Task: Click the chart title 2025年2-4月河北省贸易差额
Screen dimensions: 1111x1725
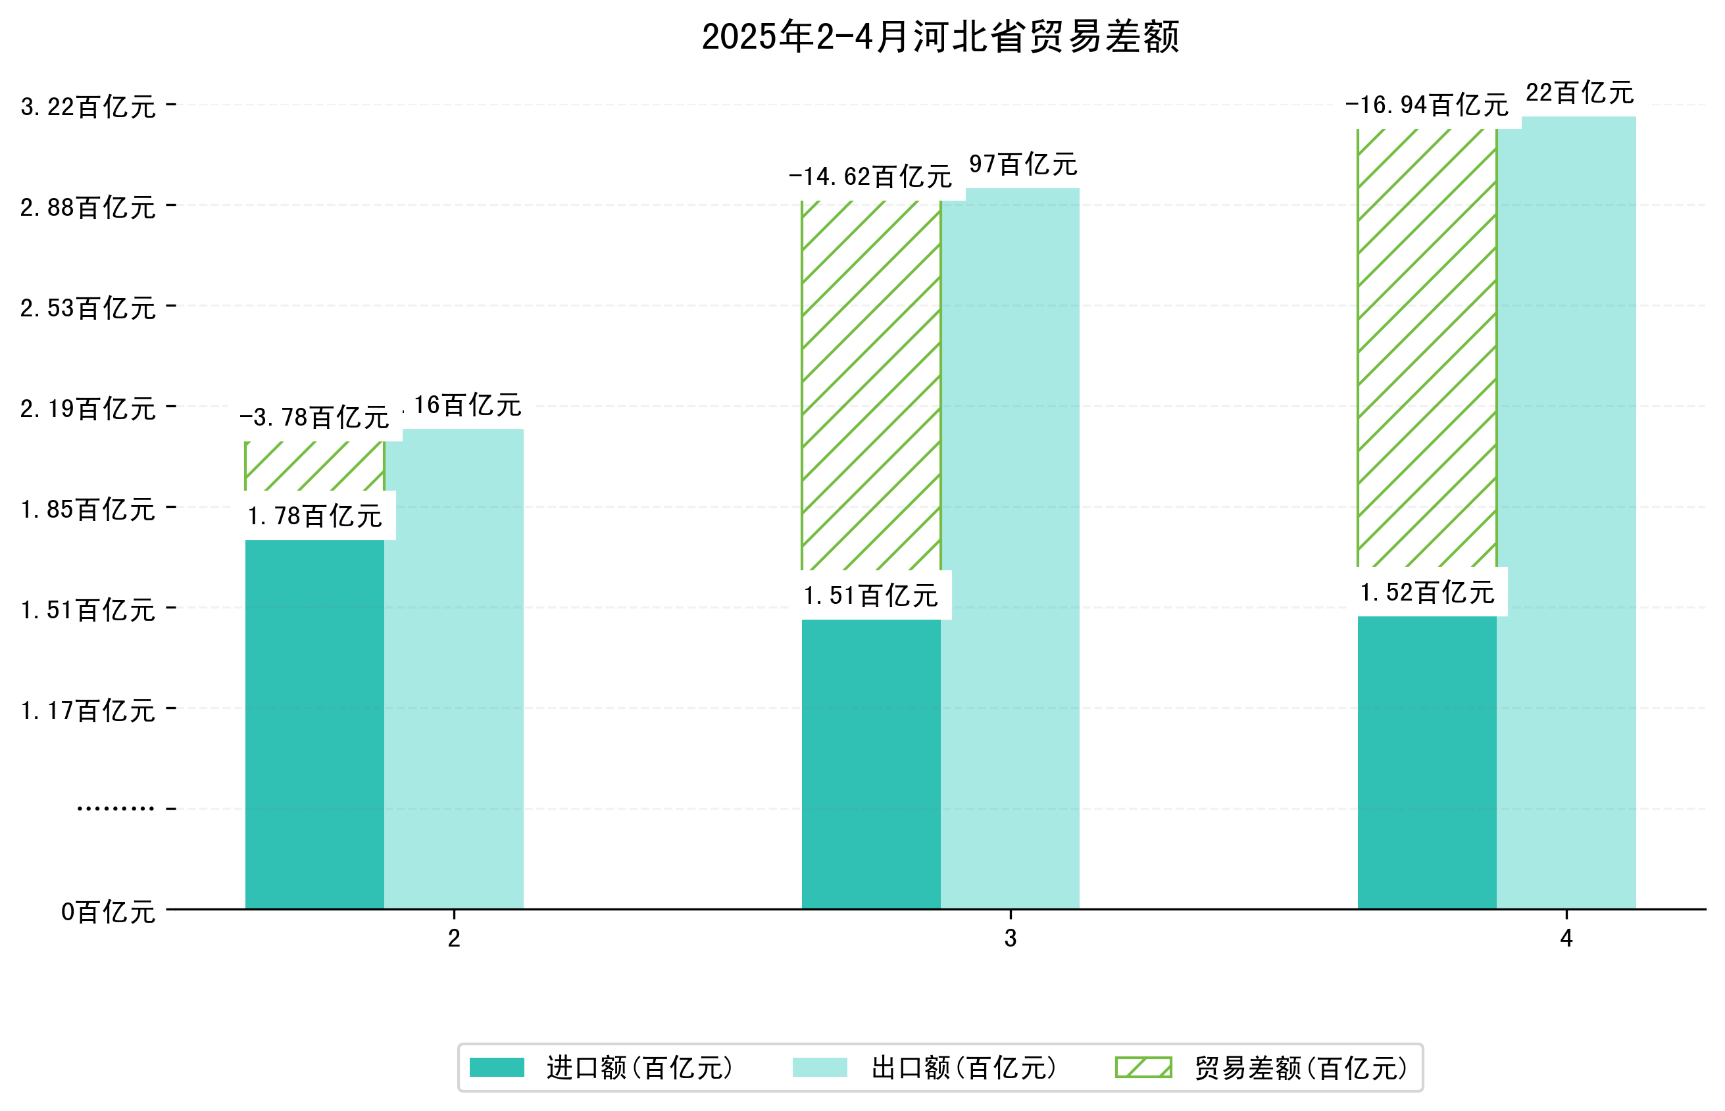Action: pos(940,37)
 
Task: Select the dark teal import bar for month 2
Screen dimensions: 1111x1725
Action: pos(314,724)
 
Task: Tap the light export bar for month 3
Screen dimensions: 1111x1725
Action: pos(1010,549)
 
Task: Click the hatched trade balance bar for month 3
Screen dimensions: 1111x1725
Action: pos(871,385)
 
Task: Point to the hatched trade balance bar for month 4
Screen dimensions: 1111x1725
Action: pos(1426,348)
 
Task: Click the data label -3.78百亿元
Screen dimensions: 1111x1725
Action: pos(314,418)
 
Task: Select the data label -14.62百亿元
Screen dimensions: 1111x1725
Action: pos(870,177)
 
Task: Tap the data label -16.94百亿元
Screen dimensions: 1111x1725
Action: pos(1426,105)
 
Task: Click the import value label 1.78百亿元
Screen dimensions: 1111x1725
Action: pos(314,516)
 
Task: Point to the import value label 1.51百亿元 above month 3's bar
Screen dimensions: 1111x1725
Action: pos(871,596)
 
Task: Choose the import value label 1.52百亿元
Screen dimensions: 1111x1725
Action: pos(1427,592)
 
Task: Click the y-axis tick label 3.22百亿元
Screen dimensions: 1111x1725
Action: pos(88,107)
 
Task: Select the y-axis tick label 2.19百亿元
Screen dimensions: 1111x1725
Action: pos(88,409)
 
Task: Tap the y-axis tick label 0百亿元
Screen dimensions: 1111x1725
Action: pos(108,912)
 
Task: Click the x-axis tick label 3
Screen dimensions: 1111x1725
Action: pos(1010,938)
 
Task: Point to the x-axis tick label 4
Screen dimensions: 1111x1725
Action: pos(1566,938)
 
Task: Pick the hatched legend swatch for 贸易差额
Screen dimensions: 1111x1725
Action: pos(1143,1068)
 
